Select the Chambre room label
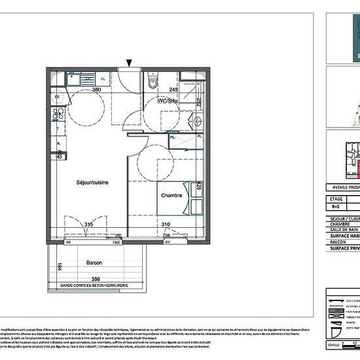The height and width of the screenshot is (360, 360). pos(171,195)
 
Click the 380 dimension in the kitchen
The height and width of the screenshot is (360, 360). pos(96,90)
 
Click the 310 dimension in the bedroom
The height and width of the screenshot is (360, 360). pos(166,225)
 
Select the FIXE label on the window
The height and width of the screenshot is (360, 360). pos(98,243)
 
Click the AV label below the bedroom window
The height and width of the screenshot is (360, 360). pos(167,243)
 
